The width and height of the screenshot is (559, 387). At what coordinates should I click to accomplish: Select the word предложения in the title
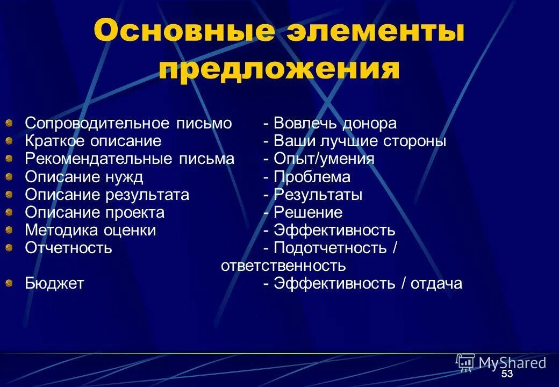(279, 70)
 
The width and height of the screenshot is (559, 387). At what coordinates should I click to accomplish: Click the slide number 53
(507, 374)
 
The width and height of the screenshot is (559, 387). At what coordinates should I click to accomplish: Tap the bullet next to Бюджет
(9, 284)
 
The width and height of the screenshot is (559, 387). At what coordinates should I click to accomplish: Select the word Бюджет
(54, 284)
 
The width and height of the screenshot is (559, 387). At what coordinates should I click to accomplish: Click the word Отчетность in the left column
(68, 248)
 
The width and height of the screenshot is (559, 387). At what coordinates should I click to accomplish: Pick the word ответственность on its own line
(283, 266)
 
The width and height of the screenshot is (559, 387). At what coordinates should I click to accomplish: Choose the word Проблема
(312, 177)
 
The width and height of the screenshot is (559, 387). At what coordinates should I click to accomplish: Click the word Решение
(308, 213)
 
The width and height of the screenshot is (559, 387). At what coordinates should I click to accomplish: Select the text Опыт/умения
(324, 160)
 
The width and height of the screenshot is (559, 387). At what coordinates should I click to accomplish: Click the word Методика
(61, 231)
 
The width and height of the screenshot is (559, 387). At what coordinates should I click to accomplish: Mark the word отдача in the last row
(436, 284)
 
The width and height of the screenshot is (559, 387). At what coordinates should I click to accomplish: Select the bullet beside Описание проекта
(9, 213)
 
